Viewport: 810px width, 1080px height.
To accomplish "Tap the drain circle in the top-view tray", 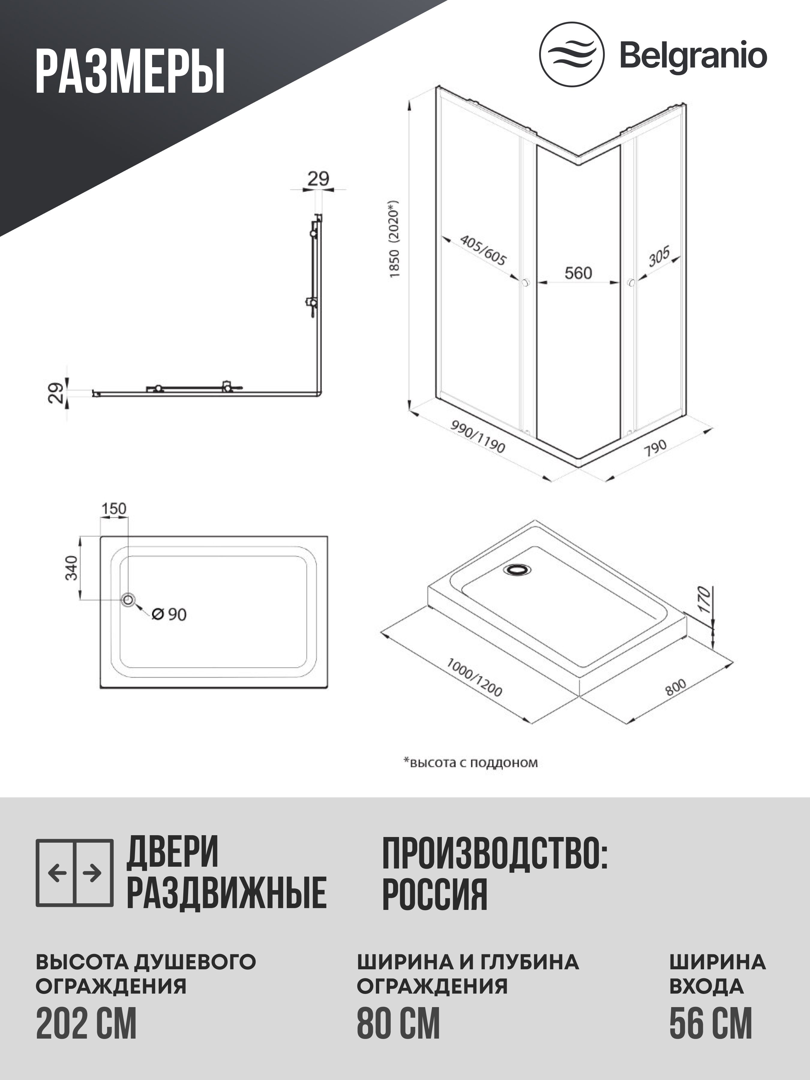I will click(128, 600).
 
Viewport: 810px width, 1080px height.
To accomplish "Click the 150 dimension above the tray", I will click(114, 509).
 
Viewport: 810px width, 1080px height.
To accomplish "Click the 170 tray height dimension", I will click(703, 600).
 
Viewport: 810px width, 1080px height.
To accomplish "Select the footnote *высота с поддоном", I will click(470, 763).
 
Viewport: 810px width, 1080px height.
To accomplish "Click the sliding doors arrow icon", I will click(75, 872).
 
